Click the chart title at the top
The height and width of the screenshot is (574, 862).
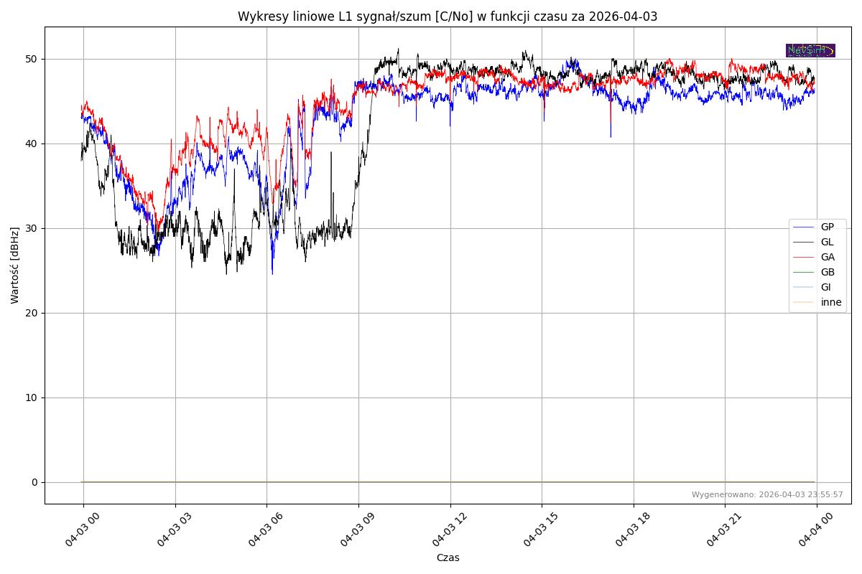coord(448,17)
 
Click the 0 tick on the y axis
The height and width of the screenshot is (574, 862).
coord(34,482)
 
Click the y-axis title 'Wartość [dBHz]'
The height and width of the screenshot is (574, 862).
coord(15,265)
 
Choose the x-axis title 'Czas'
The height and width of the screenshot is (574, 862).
coord(448,557)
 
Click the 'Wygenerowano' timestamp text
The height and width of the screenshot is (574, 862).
coord(767,494)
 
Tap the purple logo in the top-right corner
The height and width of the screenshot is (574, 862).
coord(810,50)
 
